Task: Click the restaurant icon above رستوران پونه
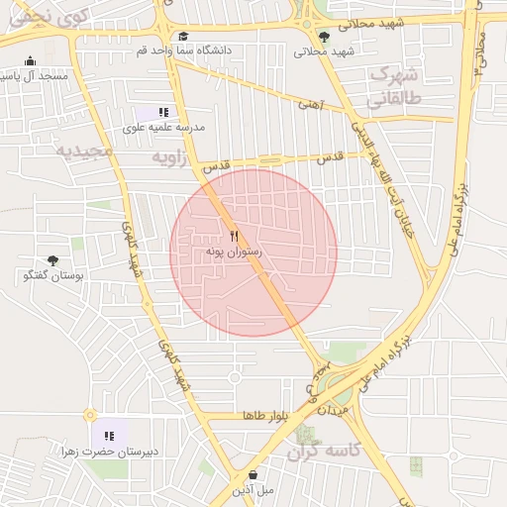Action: pyautogui.click(x=234, y=237)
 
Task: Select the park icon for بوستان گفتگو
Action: pyautogui.click(x=52, y=260)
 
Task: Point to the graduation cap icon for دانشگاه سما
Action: pyautogui.click(x=182, y=36)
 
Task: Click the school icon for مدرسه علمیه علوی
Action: pyautogui.click(x=162, y=113)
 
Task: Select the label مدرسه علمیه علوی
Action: pyautogui.click(x=163, y=128)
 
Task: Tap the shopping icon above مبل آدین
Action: pyautogui.click(x=253, y=474)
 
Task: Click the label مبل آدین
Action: pyautogui.click(x=253, y=490)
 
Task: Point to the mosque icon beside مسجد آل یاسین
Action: pyautogui.click(x=31, y=60)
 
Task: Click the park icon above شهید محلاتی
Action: pyautogui.click(x=323, y=37)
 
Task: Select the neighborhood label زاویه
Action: pyautogui.click(x=169, y=157)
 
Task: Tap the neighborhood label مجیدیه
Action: pyautogui.click(x=78, y=151)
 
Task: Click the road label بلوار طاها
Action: pyautogui.click(x=263, y=416)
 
